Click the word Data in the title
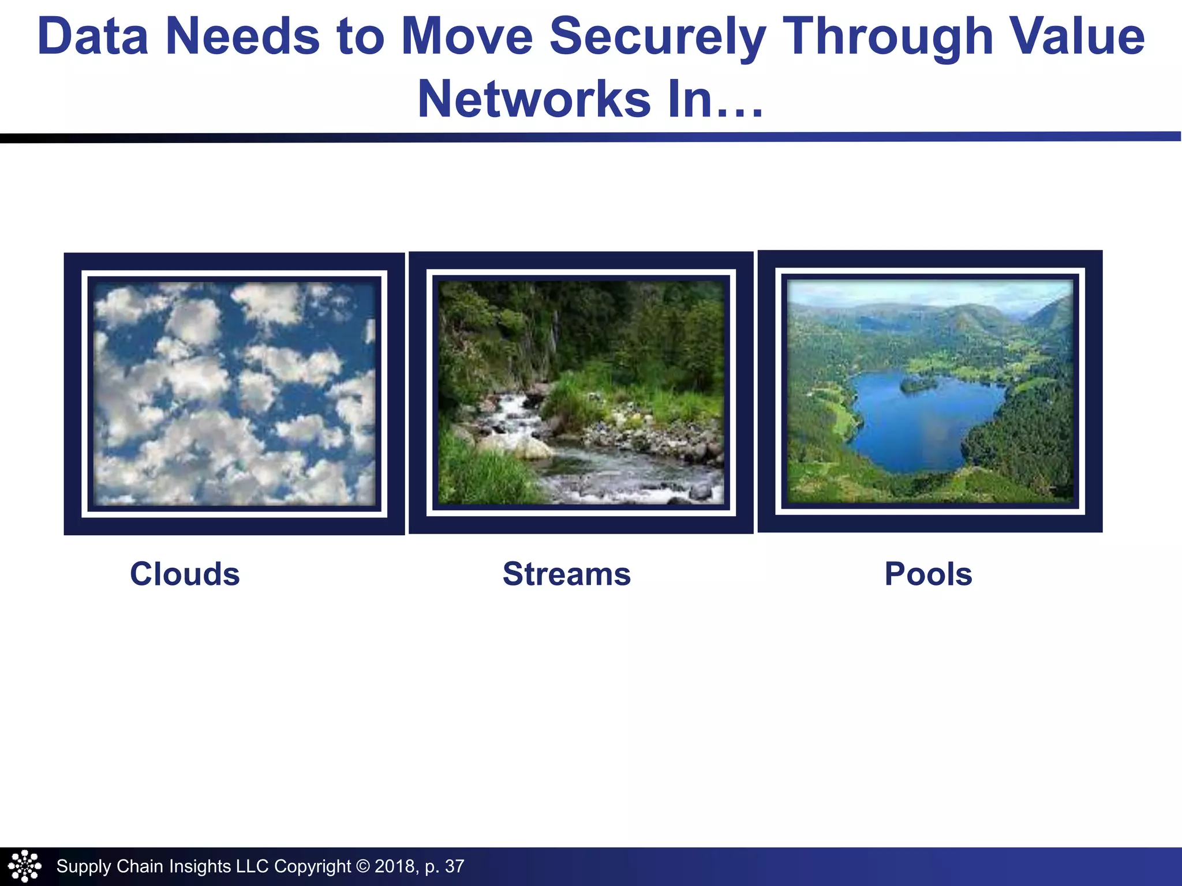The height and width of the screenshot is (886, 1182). point(92,36)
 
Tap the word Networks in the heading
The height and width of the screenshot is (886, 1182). point(534,99)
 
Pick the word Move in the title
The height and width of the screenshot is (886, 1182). point(467,36)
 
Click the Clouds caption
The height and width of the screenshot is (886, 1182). point(185,575)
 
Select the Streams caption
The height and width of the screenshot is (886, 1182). point(567,575)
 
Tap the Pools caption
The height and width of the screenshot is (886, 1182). point(928,575)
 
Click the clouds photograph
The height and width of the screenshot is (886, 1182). point(234,393)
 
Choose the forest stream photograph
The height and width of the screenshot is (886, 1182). point(581,392)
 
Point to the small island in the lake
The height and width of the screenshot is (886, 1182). point(919,384)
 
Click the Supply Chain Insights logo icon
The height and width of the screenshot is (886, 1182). point(24,866)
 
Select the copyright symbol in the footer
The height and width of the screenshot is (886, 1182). point(362,866)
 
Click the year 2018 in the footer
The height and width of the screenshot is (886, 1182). point(395,866)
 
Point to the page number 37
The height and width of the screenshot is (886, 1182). point(455,866)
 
